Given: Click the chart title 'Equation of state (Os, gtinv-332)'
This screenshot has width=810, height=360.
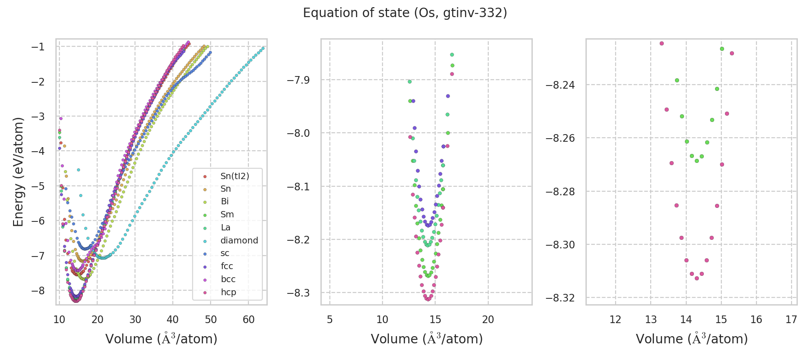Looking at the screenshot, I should click(x=405, y=13).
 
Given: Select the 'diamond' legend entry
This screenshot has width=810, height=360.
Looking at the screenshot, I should click(x=239, y=240).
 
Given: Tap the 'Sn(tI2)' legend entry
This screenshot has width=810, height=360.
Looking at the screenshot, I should click(x=234, y=176).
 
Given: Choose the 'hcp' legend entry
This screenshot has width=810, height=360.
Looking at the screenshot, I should click(x=228, y=292).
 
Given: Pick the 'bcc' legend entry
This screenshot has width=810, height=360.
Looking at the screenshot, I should click(x=228, y=279).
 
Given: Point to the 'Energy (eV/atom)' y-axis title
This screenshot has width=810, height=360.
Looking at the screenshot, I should click(x=18, y=171).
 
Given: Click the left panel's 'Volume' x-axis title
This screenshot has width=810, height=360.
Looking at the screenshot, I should click(x=161, y=339).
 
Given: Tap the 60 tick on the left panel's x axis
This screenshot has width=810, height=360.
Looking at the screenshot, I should click(x=248, y=319).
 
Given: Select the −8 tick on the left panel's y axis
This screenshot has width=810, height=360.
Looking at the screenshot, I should click(x=38, y=291).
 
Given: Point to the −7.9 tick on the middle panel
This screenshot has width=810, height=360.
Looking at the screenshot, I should click(x=299, y=80).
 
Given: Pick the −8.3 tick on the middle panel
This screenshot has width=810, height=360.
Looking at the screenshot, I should click(x=299, y=293).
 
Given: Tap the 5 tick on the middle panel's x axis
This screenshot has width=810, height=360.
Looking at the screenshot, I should click(x=330, y=319).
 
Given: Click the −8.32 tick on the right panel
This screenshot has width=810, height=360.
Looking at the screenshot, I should click(x=560, y=298).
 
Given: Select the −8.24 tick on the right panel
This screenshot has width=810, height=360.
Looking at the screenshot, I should click(x=560, y=85).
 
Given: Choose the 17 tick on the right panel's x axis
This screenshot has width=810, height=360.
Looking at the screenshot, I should click(x=792, y=319).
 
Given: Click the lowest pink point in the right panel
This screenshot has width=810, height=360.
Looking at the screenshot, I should click(x=697, y=278).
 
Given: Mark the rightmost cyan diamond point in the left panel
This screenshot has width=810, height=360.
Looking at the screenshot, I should click(x=263, y=48).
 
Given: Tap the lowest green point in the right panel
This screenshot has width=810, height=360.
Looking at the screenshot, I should click(x=697, y=161).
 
